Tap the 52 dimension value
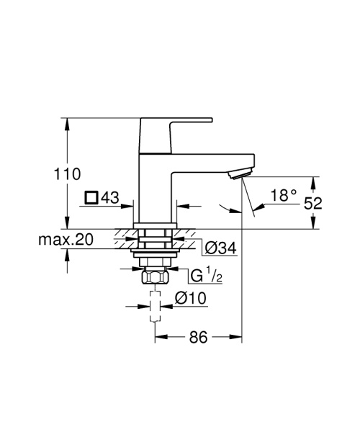(x=312, y=204)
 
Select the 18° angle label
(x=284, y=195)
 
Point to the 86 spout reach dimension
(x=199, y=337)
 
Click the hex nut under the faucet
(x=155, y=277)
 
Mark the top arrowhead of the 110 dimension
(x=67, y=123)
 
